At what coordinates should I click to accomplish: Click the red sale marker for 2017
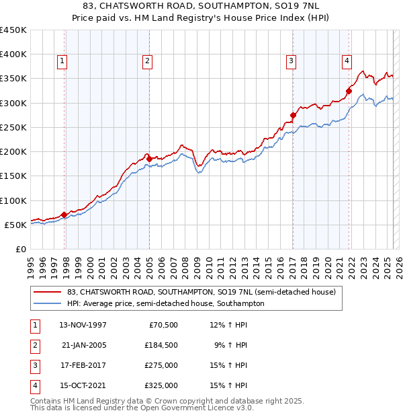(293, 115)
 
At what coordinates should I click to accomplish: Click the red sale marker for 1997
(64, 215)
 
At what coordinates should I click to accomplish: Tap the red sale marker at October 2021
(349, 91)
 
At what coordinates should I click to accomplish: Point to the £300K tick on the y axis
(13, 103)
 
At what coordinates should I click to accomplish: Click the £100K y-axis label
(13, 200)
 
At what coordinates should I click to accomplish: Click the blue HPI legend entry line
(46, 303)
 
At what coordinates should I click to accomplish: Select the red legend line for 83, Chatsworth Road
(46, 292)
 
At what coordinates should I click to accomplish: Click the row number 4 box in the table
(34, 385)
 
